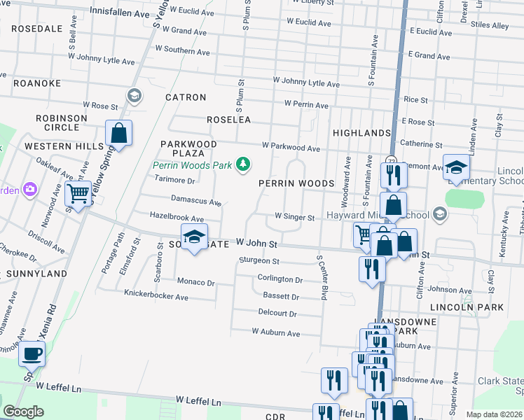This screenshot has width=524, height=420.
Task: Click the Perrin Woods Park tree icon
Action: click(243, 164)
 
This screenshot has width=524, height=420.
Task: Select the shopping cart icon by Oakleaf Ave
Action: click(78, 194)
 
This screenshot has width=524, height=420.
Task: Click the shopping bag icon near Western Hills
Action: click(119, 133)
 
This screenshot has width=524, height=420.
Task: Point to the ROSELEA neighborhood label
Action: click(228, 120)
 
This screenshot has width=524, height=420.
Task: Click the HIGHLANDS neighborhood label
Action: click(361, 133)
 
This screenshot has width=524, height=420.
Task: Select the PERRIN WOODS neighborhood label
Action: click(296, 183)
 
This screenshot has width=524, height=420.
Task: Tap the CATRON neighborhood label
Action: click(186, 97)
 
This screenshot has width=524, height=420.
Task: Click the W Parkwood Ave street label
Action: click(291, 148)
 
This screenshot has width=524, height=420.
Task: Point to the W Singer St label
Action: click(294, 217)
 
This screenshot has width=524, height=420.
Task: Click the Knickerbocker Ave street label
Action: click(156, 296)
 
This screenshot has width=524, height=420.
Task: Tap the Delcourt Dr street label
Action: click(277, 313)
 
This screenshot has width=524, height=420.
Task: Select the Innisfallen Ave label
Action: click(120, 13)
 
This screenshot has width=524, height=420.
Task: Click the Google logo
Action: click(24, 412)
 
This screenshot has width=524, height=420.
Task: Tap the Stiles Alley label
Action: click(490, 26)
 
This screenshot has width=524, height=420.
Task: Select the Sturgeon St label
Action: click(259, 261)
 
